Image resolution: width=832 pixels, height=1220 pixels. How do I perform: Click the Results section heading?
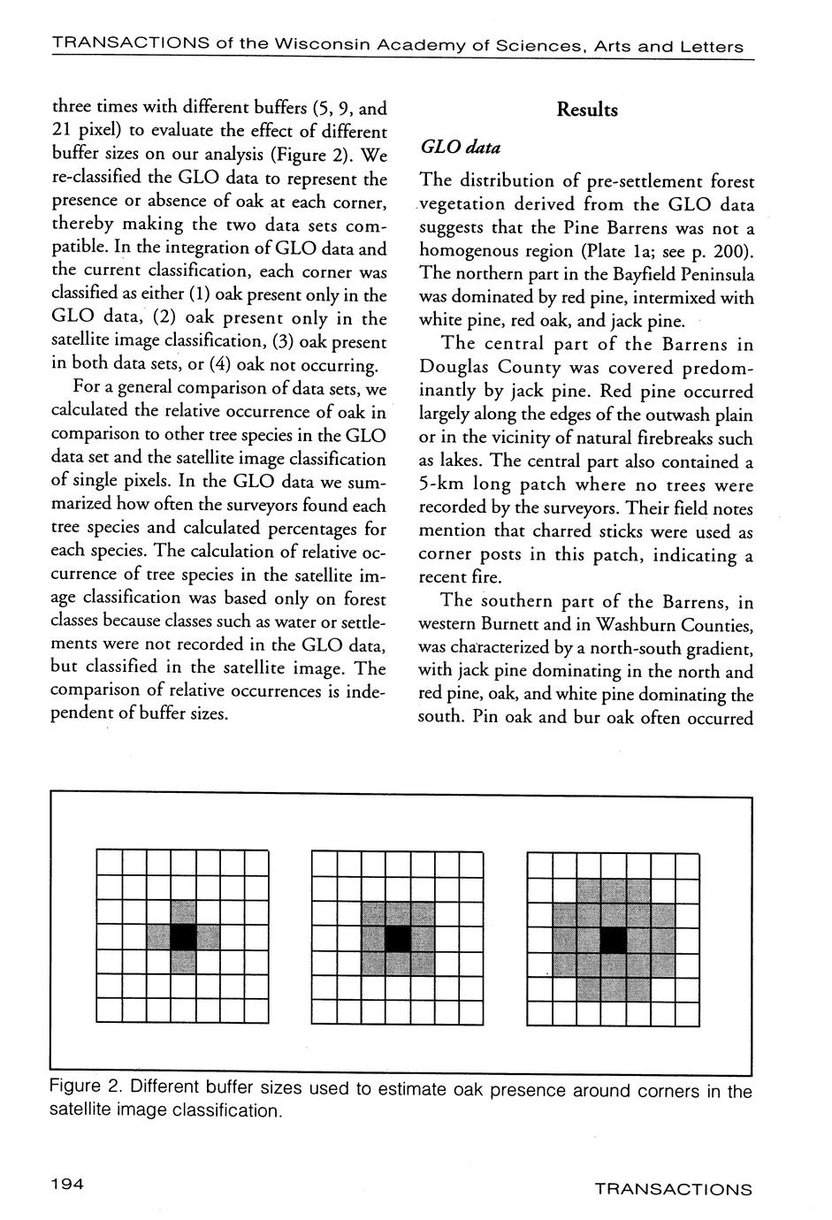587,111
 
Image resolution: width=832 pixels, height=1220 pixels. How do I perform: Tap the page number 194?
66,1185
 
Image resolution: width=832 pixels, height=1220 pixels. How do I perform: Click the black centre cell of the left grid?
183,937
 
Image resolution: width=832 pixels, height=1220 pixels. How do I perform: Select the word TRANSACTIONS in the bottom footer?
673,1189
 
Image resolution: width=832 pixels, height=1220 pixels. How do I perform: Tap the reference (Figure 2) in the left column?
322,156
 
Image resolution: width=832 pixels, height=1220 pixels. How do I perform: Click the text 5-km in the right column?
443,485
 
